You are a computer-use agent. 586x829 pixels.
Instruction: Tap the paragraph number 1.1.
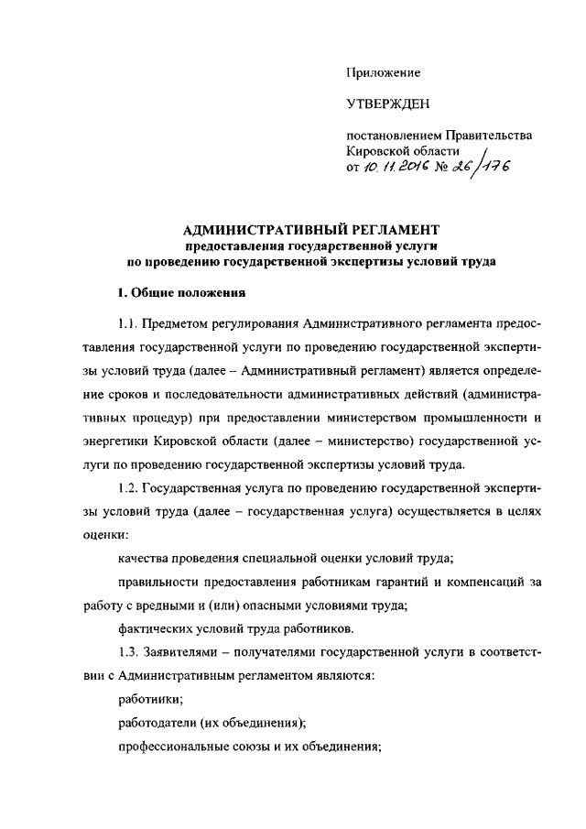click(x=128, y=324)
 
